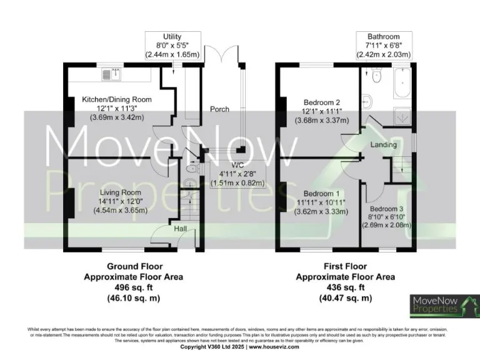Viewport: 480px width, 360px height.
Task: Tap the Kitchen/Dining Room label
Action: pyautogui.click(x=117, y=99)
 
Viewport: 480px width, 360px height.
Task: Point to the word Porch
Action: pyautogui.click(x=219, y=109)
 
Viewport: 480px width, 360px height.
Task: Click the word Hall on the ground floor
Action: pyautogui.click(x=181, y=229)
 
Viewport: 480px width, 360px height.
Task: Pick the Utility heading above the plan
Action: pyautogui.click(x=172, y=37)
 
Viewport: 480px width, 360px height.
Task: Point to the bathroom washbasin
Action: pyautogui.click(x=367, y=101)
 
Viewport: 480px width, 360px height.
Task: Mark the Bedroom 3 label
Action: pyautogui.click(x=387, y=209)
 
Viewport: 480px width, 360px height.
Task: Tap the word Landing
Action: pyautogui.click(x=383, y=145)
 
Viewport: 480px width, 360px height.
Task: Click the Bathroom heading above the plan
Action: pyautogui.click(x=384, y=37)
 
